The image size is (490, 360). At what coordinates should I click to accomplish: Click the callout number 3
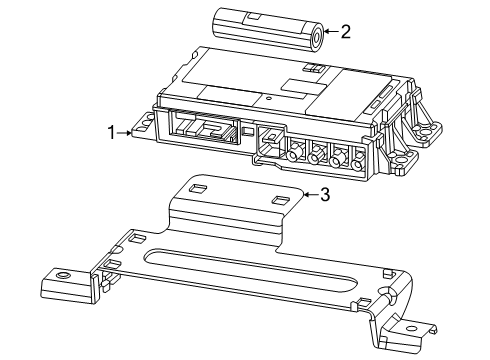pos(323,195)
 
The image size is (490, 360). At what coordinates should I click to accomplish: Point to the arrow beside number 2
pos(331,33)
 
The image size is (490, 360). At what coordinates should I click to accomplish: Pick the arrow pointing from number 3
pos(309,195)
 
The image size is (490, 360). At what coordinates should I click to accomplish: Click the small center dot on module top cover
pos(268,98)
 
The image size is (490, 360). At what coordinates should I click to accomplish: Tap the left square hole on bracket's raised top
pos(198,187)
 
